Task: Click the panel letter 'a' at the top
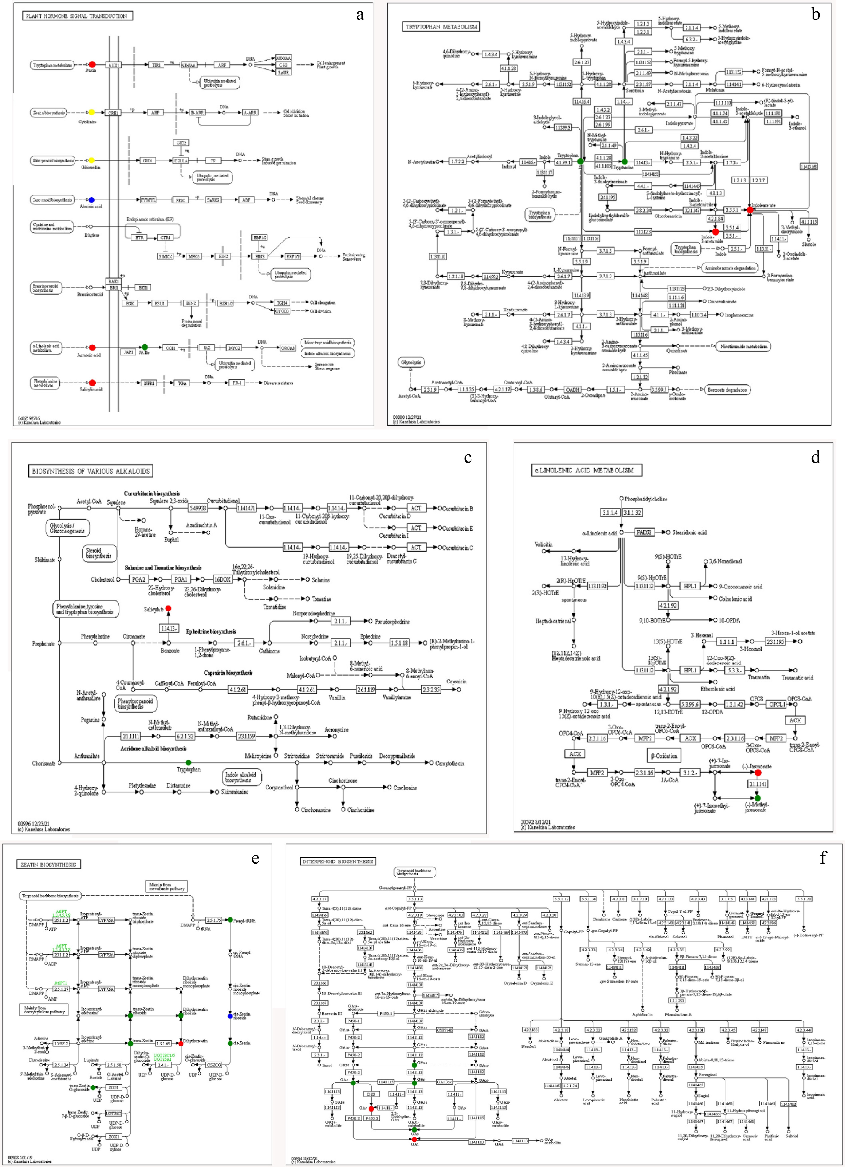(360, 14)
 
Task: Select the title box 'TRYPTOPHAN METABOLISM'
(441, 27)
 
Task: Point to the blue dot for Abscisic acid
(92, 200)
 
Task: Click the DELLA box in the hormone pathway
(181, 161)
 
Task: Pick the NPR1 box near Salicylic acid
(149, 383)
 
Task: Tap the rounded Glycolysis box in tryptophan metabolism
(411, 362)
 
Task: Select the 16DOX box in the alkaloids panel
(222, 579)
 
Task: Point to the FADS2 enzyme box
(644, 533)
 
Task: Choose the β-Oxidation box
(664, 755)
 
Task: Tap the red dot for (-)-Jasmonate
(758, 773)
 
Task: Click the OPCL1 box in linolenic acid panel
(777, 704)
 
